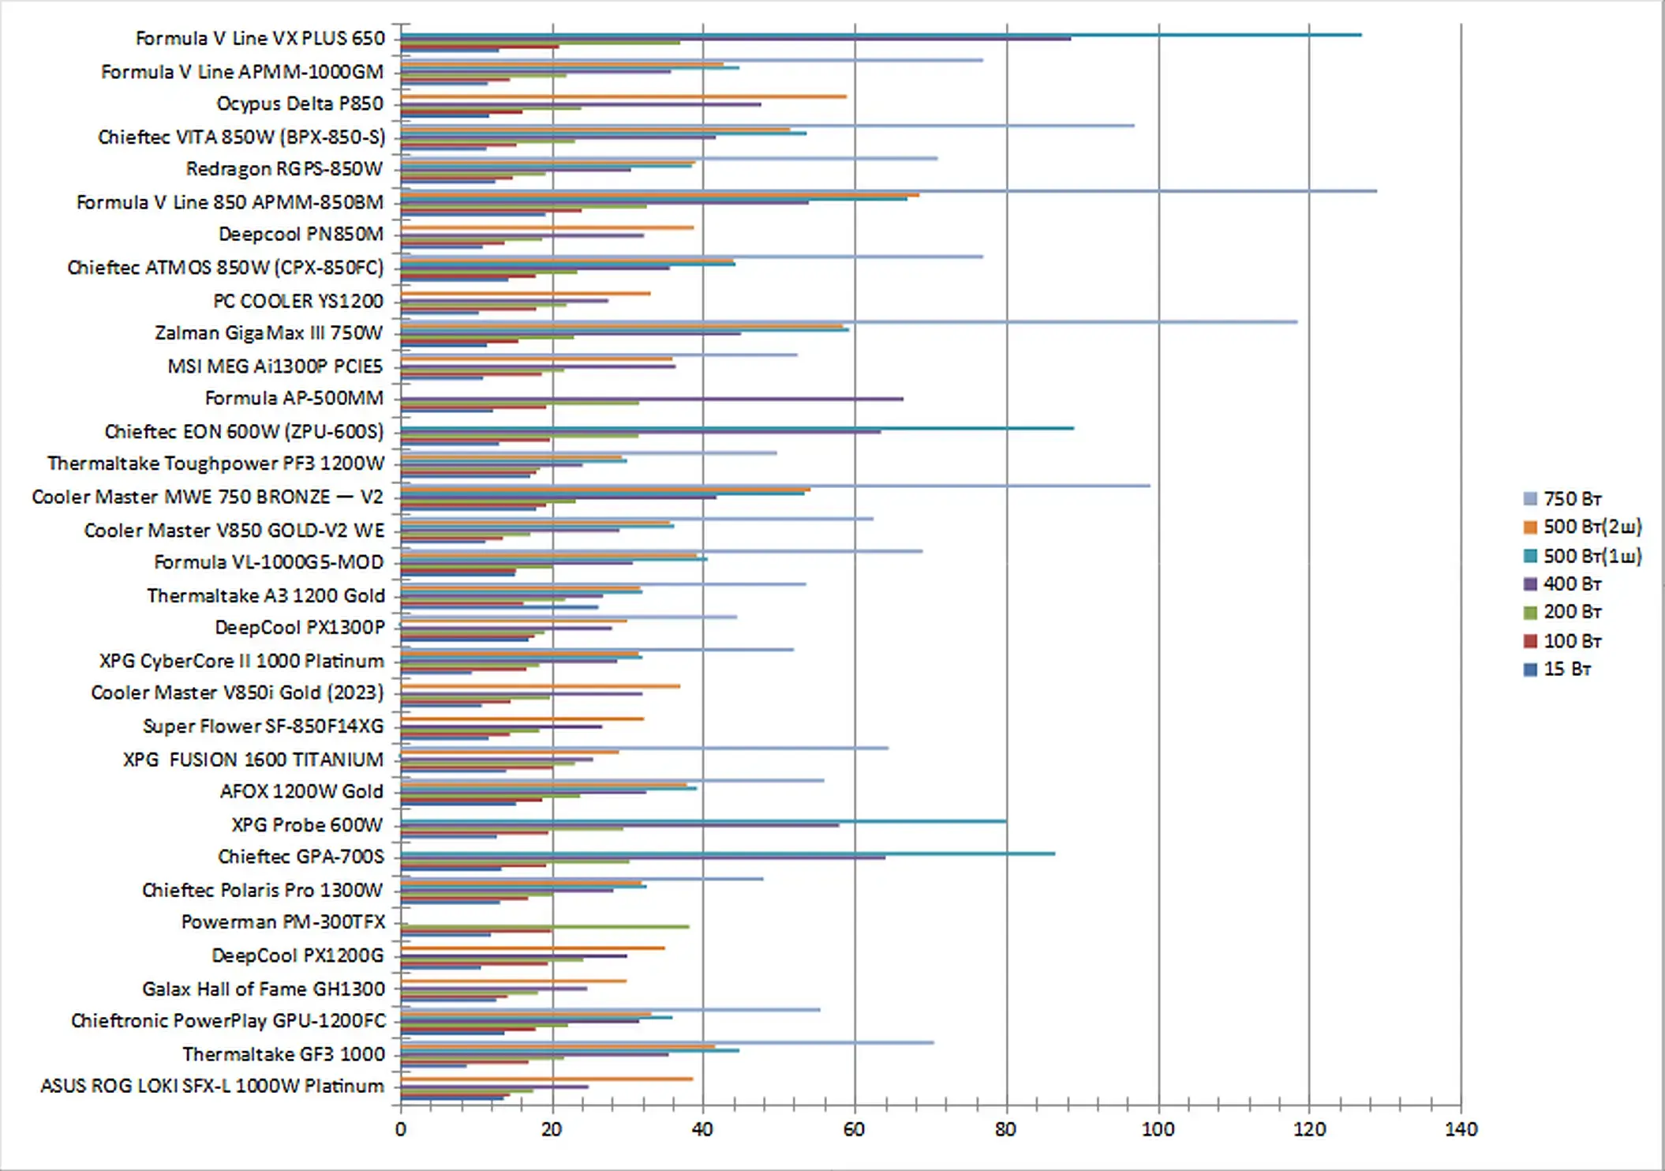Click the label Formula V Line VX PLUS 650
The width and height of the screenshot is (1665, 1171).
(260, 38)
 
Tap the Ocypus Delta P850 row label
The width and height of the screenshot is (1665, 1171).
(299, 103)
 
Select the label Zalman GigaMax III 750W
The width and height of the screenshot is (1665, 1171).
(268, 332)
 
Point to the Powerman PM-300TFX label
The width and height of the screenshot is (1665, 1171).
(282, 921)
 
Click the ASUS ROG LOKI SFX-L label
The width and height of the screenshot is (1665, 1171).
(211, 1086)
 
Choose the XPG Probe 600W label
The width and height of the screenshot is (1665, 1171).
(306, 824)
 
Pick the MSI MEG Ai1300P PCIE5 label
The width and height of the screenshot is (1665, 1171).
(275, 366)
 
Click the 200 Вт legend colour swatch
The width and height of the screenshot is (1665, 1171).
(1531, 612)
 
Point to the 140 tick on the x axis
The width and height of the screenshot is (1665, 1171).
(1461, 1129)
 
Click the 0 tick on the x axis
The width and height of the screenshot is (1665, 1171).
(401, 1129)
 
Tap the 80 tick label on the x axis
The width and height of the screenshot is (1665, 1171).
(1005, 1129)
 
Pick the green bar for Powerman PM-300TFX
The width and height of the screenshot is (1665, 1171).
(544, 926)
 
